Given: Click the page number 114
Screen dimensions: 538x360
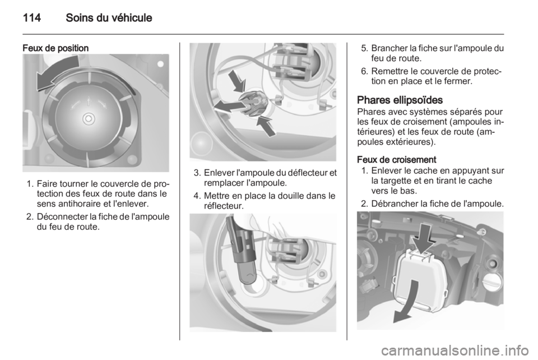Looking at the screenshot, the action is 32,17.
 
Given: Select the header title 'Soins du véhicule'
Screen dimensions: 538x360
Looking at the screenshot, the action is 109,17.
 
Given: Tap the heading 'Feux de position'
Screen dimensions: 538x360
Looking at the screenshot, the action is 55,48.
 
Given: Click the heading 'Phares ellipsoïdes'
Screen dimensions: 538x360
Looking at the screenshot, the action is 400,100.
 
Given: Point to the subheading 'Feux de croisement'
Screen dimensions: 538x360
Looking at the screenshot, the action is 397,160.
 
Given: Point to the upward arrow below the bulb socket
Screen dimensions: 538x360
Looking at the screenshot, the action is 266,126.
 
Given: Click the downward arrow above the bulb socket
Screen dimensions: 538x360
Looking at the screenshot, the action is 238,81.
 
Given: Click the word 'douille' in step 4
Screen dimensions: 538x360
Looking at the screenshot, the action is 293,196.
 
